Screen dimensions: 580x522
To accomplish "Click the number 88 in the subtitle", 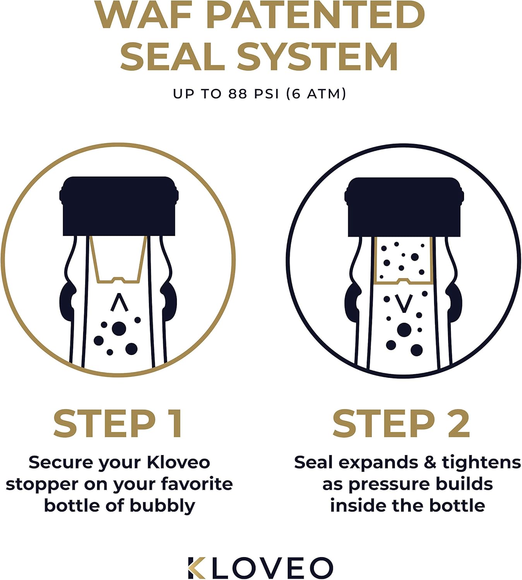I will (x=238, y=94).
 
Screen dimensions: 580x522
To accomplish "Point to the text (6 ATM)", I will (x=316, y=94).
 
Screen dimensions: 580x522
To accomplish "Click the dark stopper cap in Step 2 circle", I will (x=404, y=207).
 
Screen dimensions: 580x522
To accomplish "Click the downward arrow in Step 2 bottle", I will (x=404, y=304).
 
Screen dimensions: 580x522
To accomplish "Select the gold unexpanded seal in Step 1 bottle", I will (x=118, y=259).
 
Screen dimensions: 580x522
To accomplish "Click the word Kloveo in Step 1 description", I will (x=178, y=462).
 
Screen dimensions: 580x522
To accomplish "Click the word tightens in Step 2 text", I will (x=481, y=462).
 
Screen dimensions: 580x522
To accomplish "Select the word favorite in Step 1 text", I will (x=197, y=484).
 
